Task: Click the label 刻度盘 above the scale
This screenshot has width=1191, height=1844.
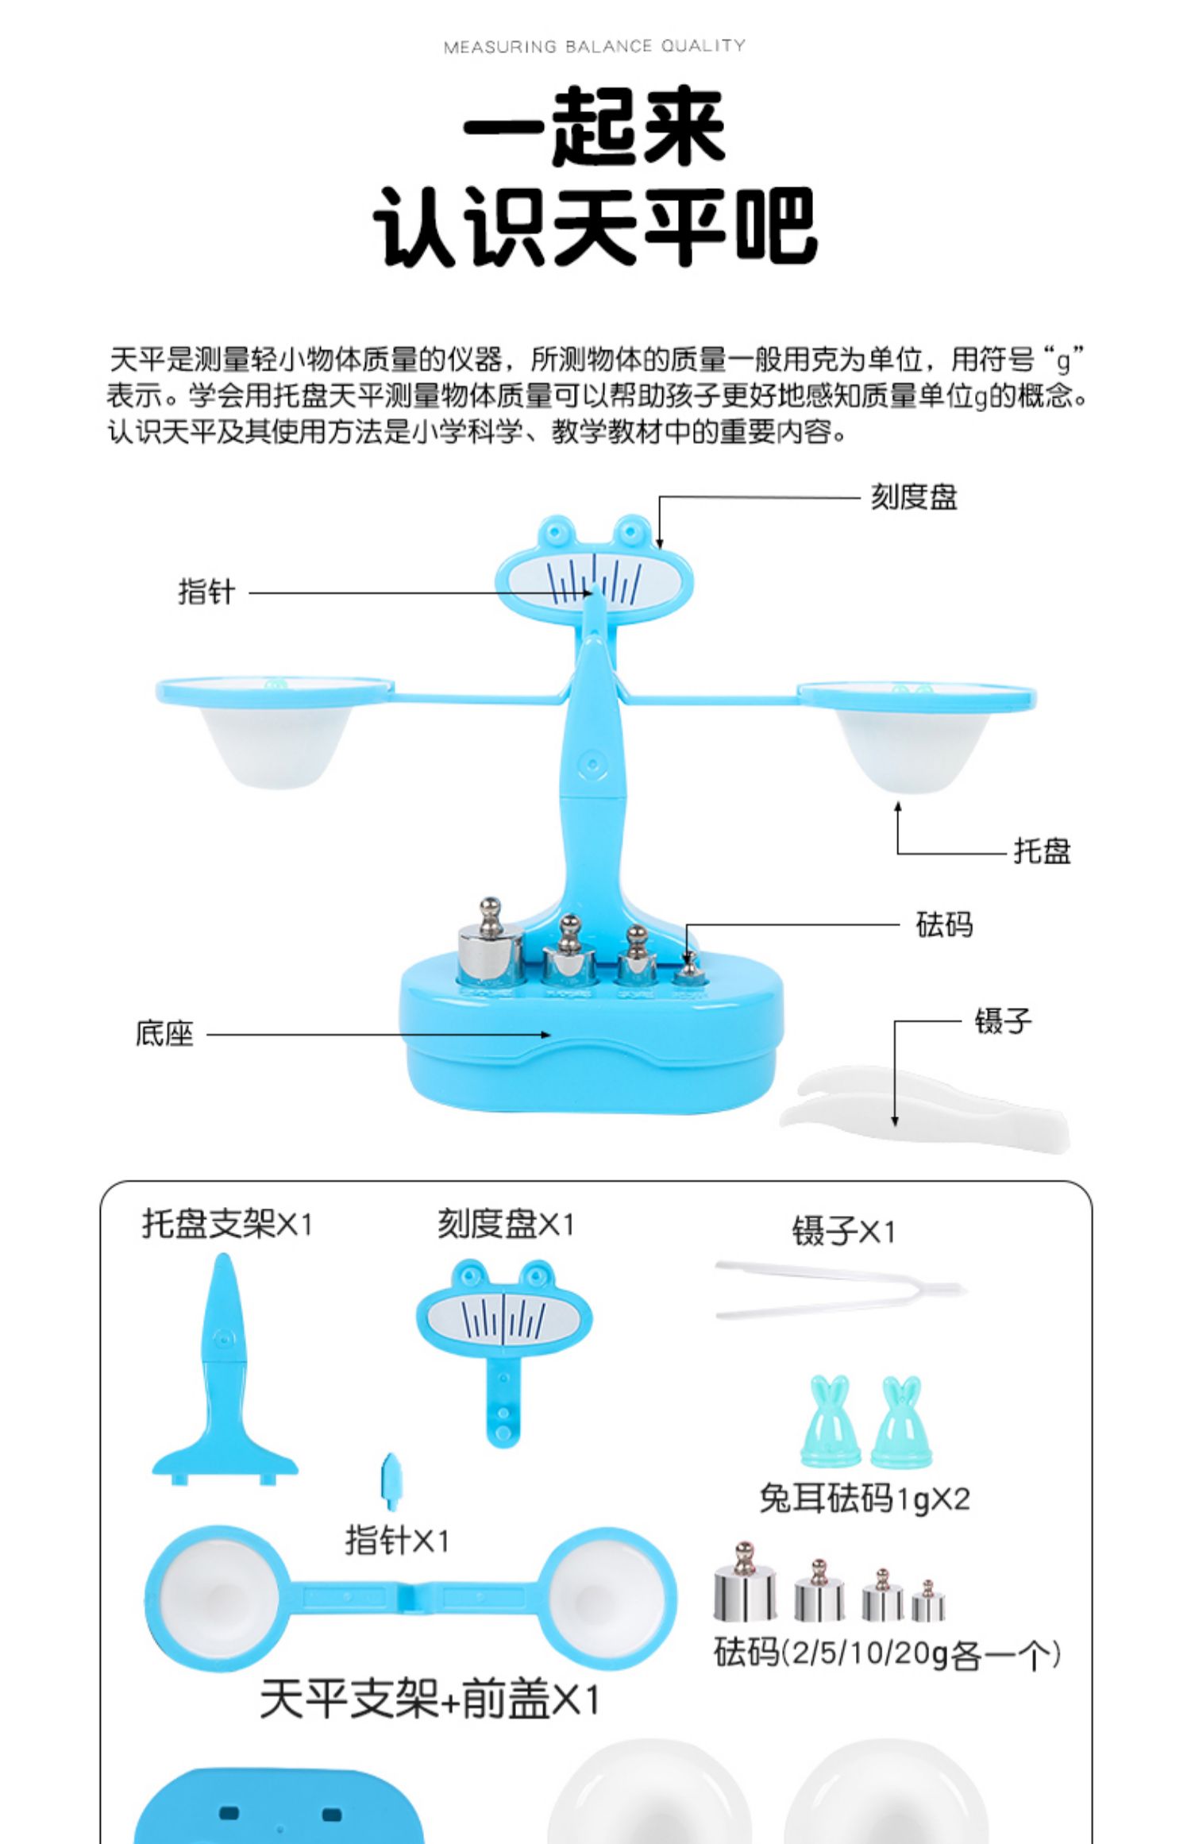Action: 914,497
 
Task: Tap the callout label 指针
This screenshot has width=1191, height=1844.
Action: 206,592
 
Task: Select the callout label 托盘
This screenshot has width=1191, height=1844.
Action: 1043,851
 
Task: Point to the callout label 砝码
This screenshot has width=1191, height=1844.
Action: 944,924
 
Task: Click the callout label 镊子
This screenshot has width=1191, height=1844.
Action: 1004,1021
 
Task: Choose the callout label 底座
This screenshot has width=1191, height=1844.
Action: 164,1034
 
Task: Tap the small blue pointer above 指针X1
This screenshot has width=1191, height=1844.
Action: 391,1481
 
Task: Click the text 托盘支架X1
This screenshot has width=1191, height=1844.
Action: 227,1224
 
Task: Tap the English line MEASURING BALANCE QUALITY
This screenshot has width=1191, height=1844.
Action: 595,46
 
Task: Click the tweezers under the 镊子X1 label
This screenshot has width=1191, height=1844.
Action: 840,1289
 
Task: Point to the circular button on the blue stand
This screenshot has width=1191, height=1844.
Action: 592,766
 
